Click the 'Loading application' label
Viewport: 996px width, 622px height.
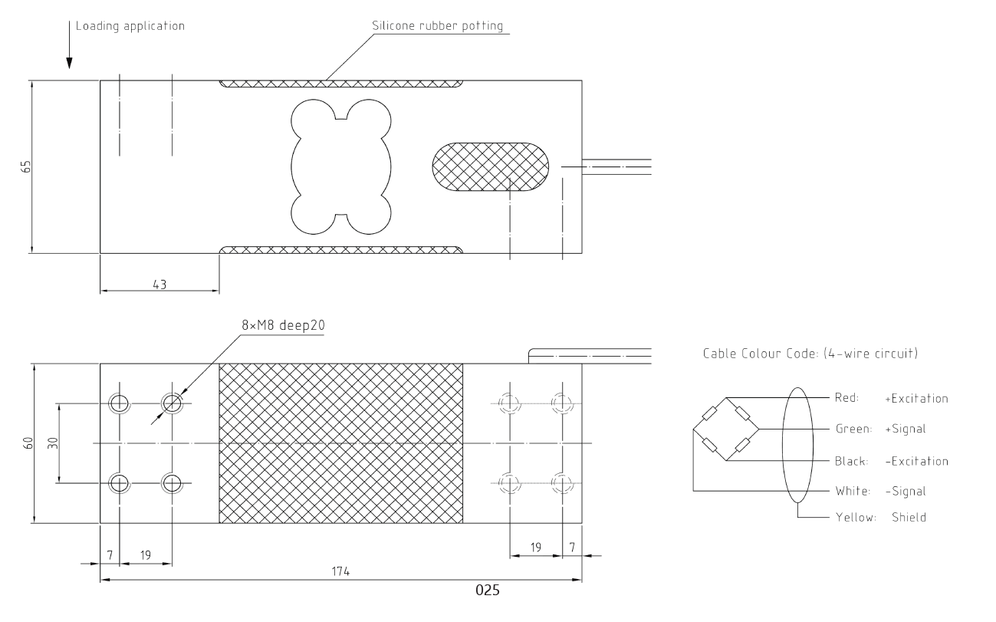pos(130,26)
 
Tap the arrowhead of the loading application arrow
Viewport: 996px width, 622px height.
pos(69,63)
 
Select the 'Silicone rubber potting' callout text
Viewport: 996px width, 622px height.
pos(438,26)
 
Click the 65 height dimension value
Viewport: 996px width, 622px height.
pos(26,166)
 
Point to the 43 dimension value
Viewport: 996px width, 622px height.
pos(159,285)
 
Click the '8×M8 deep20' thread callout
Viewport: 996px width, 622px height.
pos(283,325)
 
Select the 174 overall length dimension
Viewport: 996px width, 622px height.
pos(340,571)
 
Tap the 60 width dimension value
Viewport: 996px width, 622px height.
pos(28,443)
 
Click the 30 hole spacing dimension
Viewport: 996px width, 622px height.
pos(53,443)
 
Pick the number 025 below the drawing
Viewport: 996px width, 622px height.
pos(488,590)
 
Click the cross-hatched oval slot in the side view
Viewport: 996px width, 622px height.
pos(491,167)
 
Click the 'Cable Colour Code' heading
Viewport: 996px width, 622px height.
pos(810,354)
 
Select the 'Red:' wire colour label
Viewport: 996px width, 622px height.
pos(846,397)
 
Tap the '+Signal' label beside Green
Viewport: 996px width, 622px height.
pos(906,429)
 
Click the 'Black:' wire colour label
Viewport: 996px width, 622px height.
pos(851,461)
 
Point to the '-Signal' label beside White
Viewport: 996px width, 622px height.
pos(906,491)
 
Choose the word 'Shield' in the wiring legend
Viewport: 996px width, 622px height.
pos(909,517)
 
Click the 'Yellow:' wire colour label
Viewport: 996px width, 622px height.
pos(856,517)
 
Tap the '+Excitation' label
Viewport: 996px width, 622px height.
pos(916,398)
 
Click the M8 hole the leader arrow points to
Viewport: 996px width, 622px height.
pos(172,403)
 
